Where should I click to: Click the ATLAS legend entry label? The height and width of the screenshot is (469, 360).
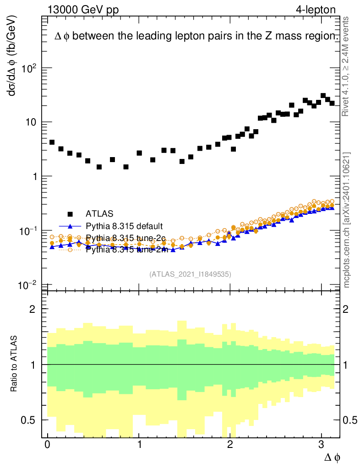99,213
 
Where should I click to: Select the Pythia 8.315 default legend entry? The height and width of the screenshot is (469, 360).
124,226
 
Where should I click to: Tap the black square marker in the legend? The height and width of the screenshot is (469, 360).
70,213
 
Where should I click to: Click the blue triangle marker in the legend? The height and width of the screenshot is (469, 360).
70,226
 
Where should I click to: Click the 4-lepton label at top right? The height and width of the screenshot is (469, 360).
316,10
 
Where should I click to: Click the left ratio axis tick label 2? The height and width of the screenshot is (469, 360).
32,309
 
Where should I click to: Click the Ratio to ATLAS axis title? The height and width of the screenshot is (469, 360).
15,364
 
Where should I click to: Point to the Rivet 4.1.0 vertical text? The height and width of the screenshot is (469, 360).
346,66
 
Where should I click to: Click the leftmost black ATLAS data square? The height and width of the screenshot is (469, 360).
52,142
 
